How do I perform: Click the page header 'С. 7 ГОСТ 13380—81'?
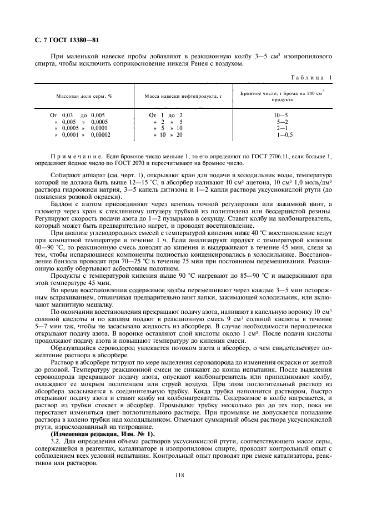click(59, 39)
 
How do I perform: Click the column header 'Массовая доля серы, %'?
click(84, 96)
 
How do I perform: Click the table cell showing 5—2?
click(282, 122)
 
